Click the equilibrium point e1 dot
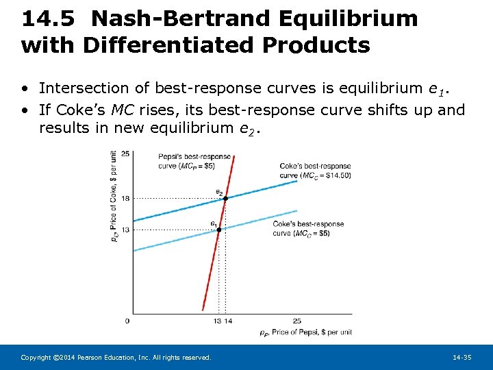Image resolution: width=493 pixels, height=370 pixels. coord(219,230)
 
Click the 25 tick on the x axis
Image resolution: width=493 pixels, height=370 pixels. coord(296,321)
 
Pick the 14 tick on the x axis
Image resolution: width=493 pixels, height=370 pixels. coord(227,321)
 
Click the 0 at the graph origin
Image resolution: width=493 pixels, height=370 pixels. coord(127,321)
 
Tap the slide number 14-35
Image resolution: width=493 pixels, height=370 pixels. coord(462,358)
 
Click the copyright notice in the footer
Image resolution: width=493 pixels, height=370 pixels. coord(116,358)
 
